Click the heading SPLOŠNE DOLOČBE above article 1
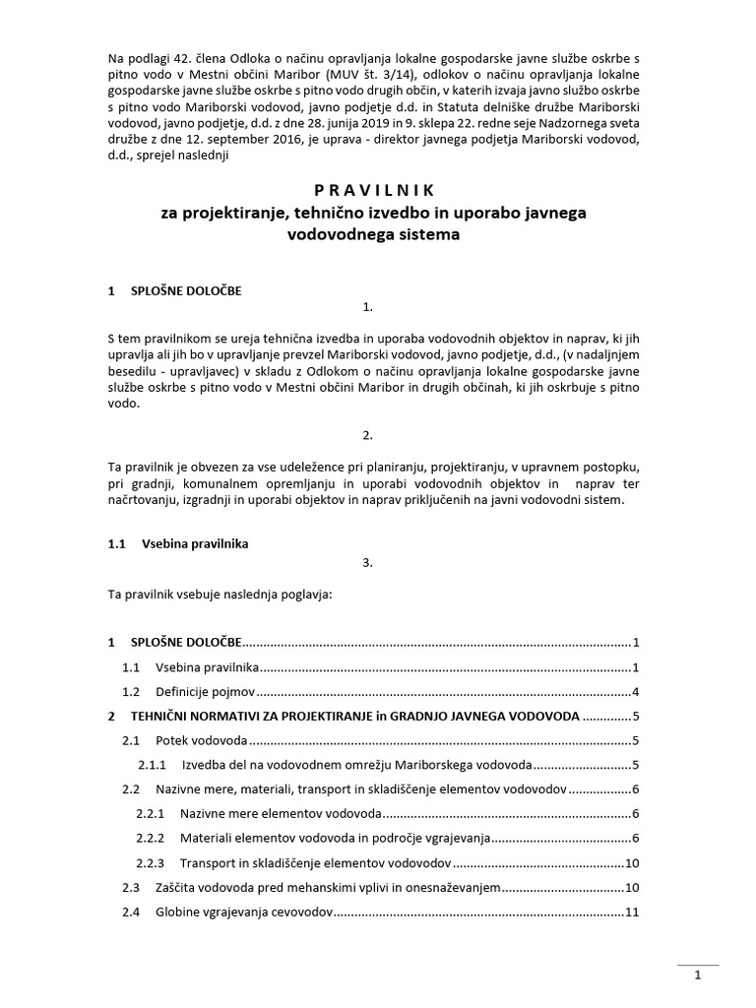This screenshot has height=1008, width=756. [x=186, y=291]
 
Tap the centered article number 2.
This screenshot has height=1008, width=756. [x=367, y=434]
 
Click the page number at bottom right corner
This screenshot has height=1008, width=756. [x=697, y=976]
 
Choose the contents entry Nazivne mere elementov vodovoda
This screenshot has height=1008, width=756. [x=280, y=814]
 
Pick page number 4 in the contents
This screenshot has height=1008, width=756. [x=637, y=691]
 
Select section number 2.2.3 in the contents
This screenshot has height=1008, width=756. [x=151, y=863]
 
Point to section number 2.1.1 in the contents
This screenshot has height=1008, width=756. [x=152, y=765]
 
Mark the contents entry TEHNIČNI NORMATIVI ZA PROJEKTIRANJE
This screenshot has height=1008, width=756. [x=252, y=716]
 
